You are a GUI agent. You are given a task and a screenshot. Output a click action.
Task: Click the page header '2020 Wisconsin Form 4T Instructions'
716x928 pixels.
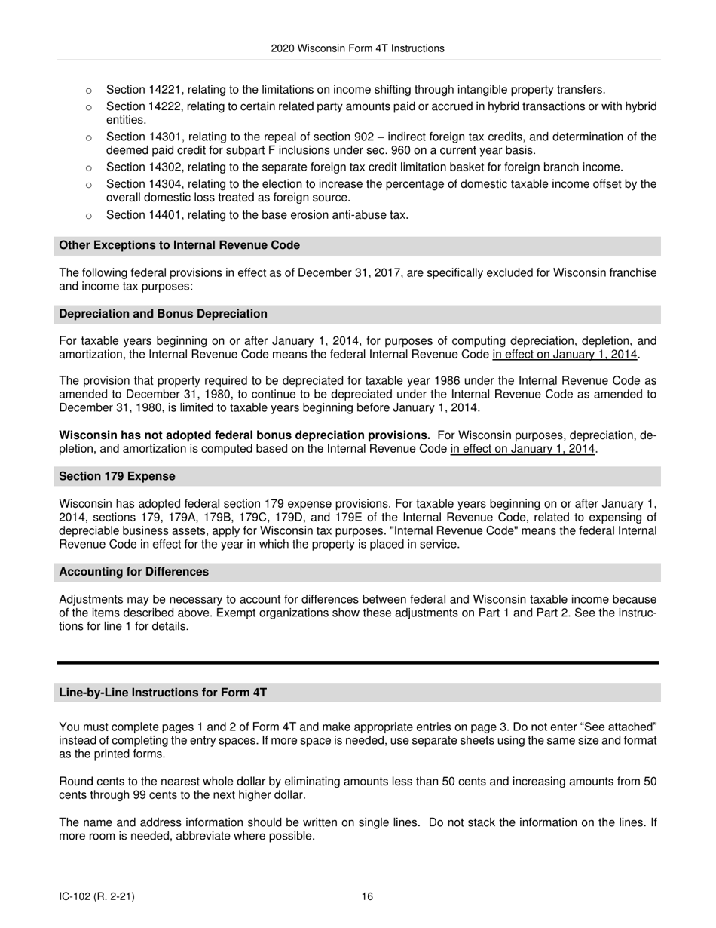[x=357, y=48]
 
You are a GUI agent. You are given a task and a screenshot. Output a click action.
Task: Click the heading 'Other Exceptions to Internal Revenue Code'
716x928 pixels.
[x=179, y=245]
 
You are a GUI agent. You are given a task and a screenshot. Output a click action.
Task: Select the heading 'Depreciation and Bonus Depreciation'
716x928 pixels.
[x=163, y=313]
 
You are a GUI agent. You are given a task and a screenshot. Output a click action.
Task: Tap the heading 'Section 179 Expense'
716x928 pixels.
[x=117, y=476]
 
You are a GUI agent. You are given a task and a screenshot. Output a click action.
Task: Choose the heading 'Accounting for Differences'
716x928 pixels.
[x=133, y=572]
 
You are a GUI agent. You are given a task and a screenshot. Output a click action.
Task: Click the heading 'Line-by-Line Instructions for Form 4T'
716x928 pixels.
[x=163, y=692]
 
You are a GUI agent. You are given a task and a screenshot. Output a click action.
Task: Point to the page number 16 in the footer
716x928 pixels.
[x=367, y=896]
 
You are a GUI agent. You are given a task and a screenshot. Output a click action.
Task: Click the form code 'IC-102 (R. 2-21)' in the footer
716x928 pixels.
[x=97, y=896]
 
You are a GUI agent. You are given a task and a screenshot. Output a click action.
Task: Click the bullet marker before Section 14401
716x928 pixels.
[x=88, y=216]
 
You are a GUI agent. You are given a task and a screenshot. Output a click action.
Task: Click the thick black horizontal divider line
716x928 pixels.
[x=357, y=662]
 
